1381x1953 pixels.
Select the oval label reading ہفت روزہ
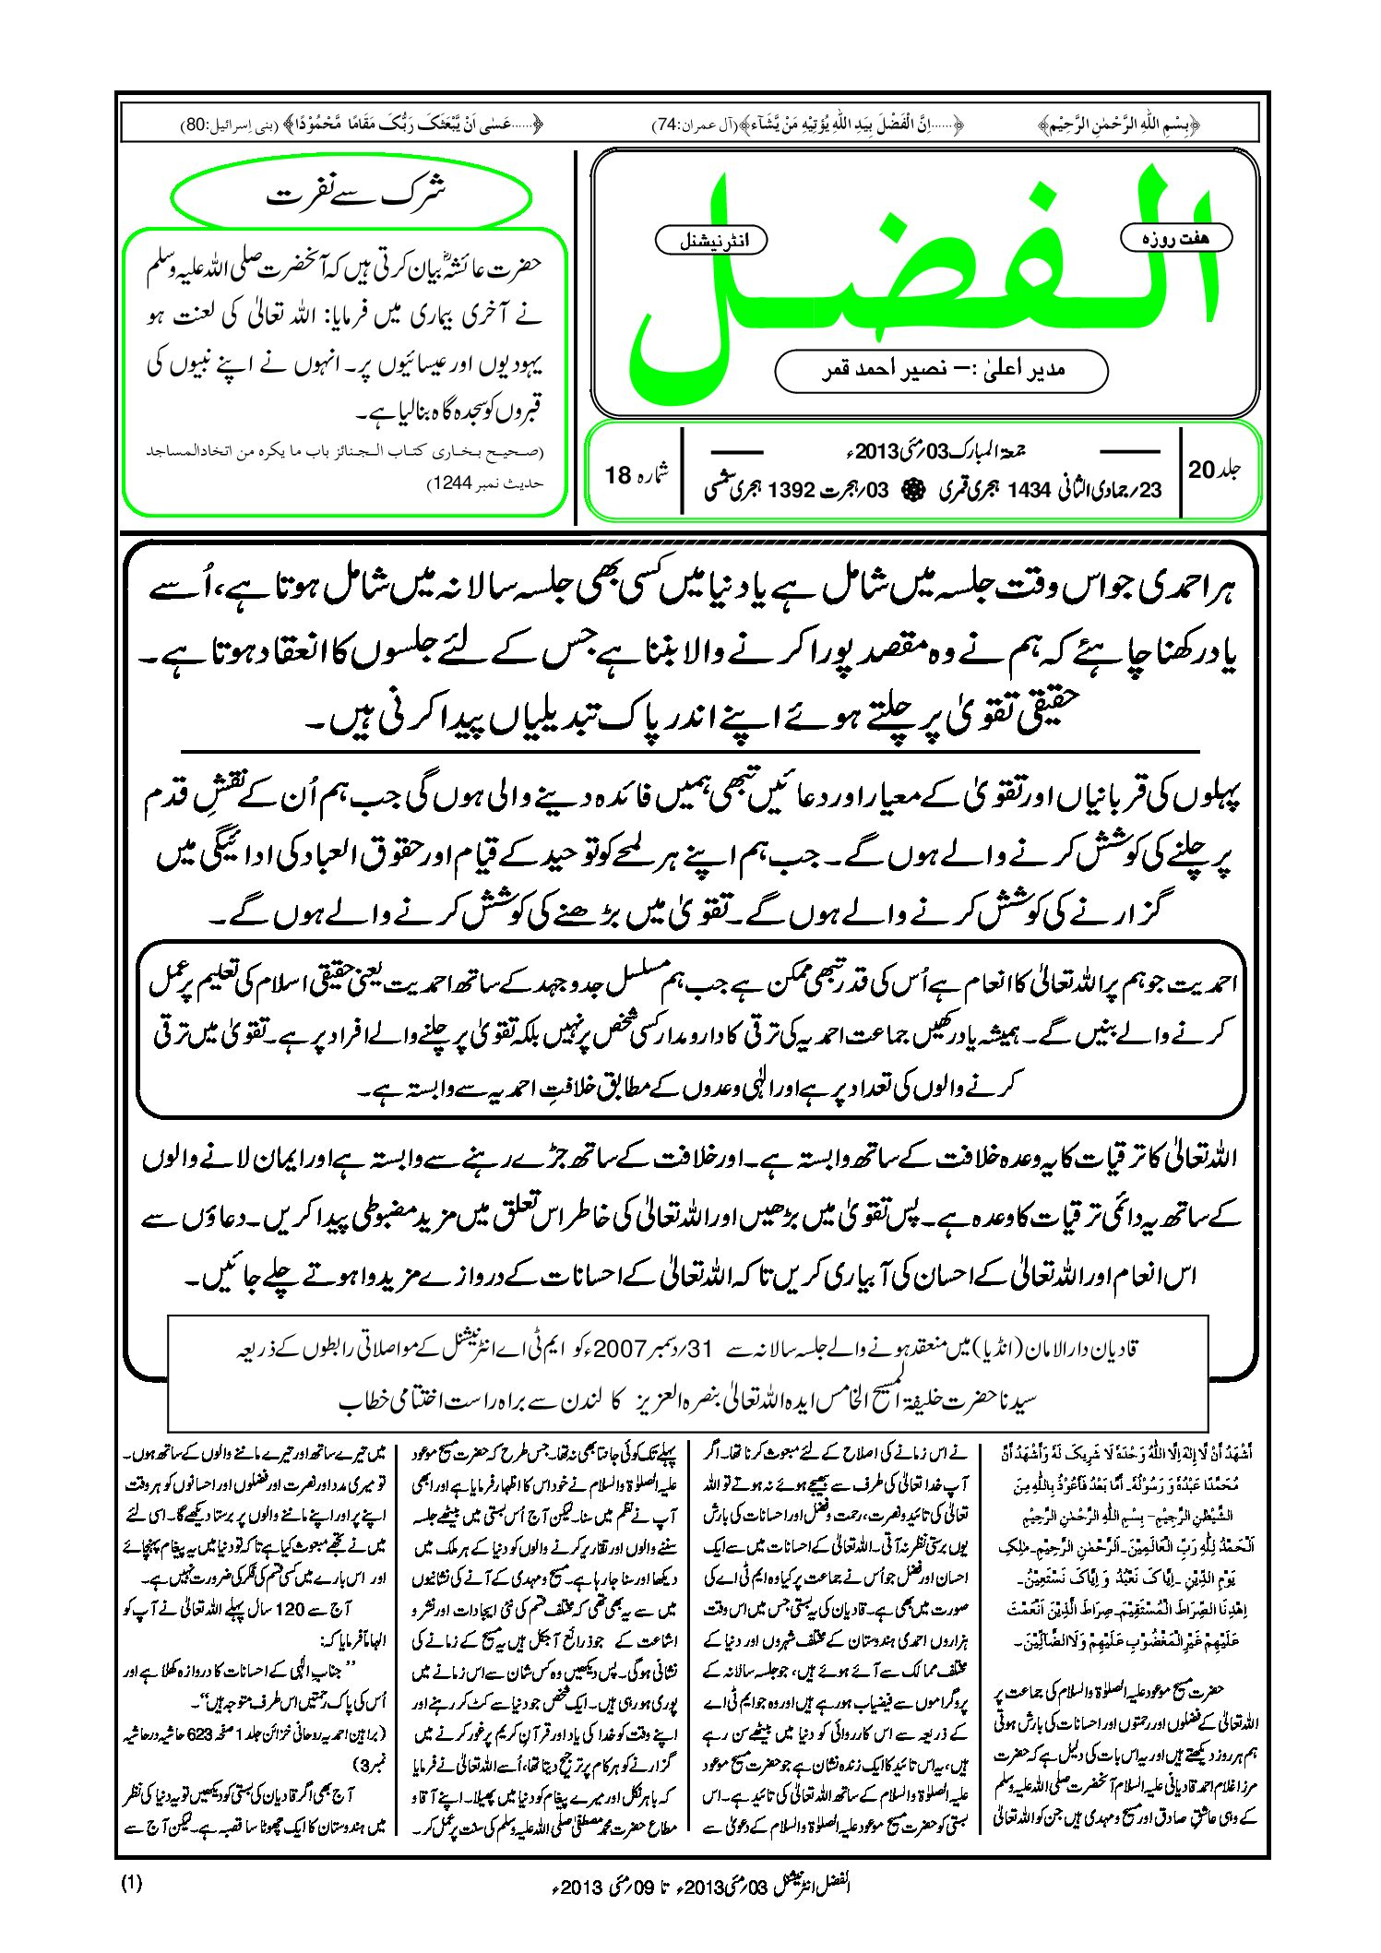point(1175,238)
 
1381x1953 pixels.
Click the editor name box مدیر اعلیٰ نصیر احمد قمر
point(941,370)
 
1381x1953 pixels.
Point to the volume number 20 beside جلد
point(1201,470)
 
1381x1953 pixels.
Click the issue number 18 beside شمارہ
point(617,475)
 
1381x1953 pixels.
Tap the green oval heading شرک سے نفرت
point(352,196)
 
